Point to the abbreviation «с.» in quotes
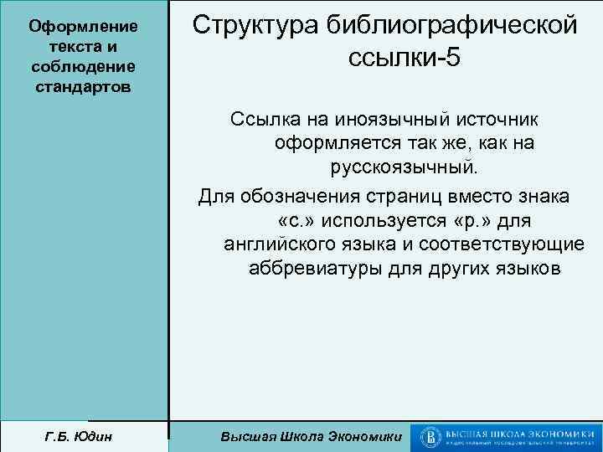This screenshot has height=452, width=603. point(290,221)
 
